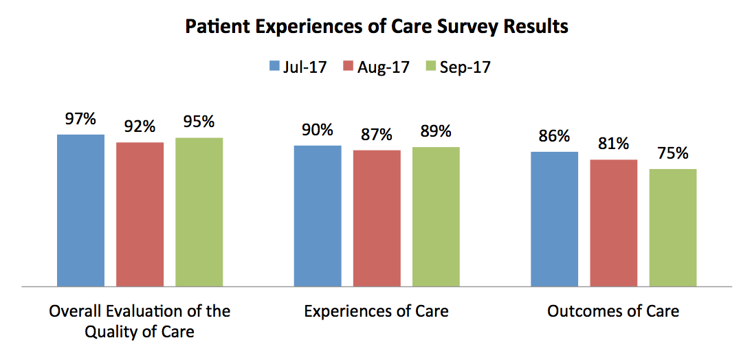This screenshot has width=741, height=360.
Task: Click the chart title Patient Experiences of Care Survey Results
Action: (x=377, y=27)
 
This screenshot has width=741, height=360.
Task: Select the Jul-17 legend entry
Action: (x=297, y=67)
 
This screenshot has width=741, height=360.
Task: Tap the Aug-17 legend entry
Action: (x=376, y=67)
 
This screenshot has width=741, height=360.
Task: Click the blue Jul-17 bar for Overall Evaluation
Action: (x=81, y=210)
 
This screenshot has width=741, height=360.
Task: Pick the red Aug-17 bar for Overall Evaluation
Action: (x=140, y=214)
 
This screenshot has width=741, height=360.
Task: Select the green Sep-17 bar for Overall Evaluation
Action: (x=199, y=211)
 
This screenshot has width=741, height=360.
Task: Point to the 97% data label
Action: (x=81, y=119)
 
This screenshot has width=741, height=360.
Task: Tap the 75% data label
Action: (x=673, y=153)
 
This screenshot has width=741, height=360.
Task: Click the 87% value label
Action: (x=377, y=135)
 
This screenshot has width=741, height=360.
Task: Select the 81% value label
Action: (x=614, y=144)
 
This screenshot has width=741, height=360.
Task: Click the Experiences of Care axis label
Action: (x=377, y=311)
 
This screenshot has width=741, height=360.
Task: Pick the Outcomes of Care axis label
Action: (x=613, y=311)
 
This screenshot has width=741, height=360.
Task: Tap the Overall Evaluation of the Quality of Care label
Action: (x=140, y=322)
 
